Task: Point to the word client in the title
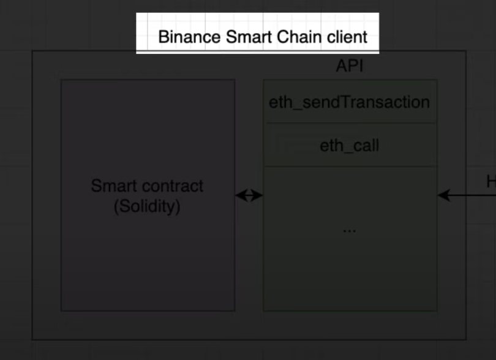pos(350,36)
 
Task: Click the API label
pos(350,66)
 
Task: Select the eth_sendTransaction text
pos(349,102)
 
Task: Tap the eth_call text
pos(349,146)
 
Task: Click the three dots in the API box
pos(349,230)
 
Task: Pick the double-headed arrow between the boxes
pos(249,196)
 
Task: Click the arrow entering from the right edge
pos(468,196)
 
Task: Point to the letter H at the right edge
pos(491,181)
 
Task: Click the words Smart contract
pos(147,186)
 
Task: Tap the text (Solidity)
pos(147,206)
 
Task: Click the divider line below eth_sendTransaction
pos(349,123)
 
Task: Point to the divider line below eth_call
pos(349,166)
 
